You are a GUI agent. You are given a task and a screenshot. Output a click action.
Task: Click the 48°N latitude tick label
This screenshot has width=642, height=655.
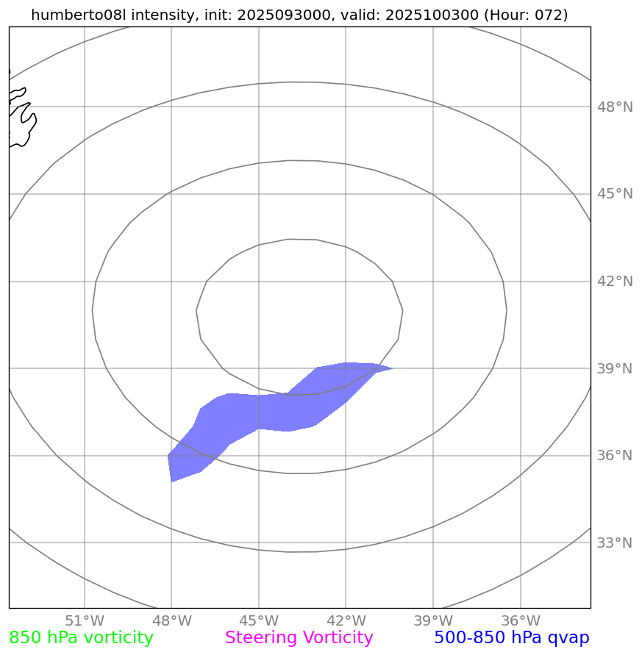(614, 107)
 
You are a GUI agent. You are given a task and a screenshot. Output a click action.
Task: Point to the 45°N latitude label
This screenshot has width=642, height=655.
(614, 194)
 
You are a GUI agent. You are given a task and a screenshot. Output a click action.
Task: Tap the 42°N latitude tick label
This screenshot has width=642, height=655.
(614, 282)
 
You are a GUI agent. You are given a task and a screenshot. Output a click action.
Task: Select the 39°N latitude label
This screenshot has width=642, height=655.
(614, 368)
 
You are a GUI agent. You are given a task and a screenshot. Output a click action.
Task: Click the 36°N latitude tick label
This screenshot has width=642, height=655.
(614, 456)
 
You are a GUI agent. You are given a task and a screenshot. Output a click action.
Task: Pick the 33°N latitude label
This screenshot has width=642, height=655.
(614, 543)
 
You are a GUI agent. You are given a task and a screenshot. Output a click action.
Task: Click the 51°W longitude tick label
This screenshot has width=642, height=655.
(85, 620)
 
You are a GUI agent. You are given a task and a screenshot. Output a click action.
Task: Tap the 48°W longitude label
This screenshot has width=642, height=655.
(171, 620)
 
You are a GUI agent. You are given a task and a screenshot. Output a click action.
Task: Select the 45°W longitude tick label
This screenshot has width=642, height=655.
(259, 620)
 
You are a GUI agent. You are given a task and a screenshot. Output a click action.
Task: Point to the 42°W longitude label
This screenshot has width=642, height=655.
(346, 620)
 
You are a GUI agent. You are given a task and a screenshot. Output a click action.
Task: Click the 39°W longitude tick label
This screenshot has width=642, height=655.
(433, 620)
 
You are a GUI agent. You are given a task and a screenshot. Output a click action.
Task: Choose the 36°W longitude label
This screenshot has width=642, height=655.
(520, 620)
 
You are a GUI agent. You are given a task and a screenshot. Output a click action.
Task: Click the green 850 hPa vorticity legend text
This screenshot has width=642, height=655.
(81, 638)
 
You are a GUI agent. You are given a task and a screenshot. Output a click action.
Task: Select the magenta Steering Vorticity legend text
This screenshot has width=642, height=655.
(299, 638)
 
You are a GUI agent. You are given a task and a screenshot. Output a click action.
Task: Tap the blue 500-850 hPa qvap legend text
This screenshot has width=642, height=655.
(511, 638)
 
